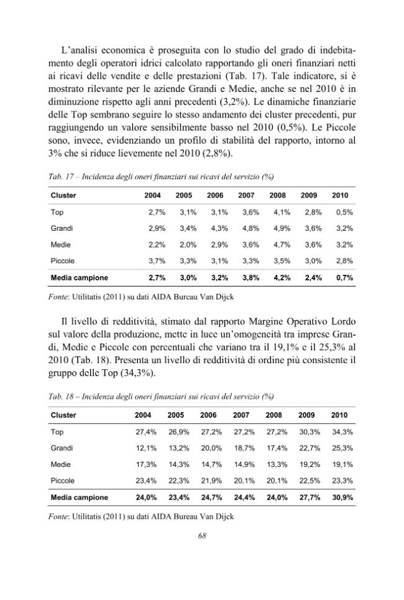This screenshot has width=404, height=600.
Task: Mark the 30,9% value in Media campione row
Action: tap(342, 498)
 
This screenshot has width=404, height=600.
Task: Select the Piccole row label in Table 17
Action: tap(63, 261)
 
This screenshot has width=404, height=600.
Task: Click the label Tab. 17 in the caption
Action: tap(60, 177)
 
